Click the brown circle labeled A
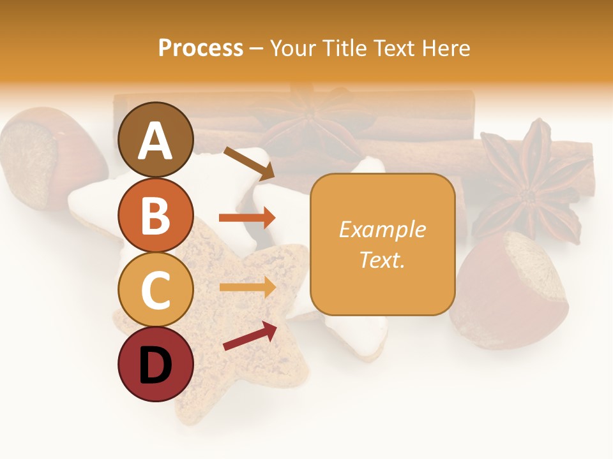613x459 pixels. pos(156,140)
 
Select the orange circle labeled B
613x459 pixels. pos(156,215)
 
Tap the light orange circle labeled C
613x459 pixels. pos(156,289)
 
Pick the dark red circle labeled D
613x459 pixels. pos(156,364)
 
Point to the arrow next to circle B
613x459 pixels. pos(246,217)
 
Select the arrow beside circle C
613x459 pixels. pos(247,287)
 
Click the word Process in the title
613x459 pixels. pos(201,48)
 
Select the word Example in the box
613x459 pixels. pos(382,229)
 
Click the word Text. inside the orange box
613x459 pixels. pos(382,259)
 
